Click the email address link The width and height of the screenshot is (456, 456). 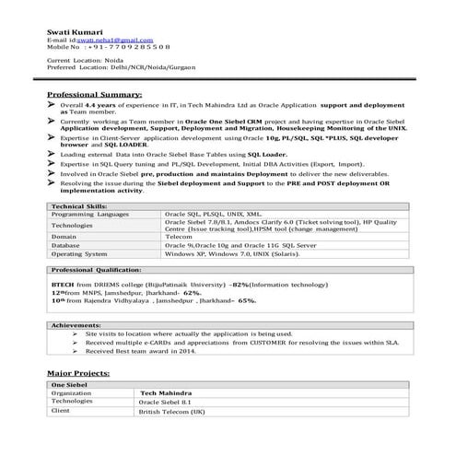(114, 41)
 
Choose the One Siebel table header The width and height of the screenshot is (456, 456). (69, 384)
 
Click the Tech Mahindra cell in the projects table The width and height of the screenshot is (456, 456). (166, 393)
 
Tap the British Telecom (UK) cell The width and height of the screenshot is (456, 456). (171, 412)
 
